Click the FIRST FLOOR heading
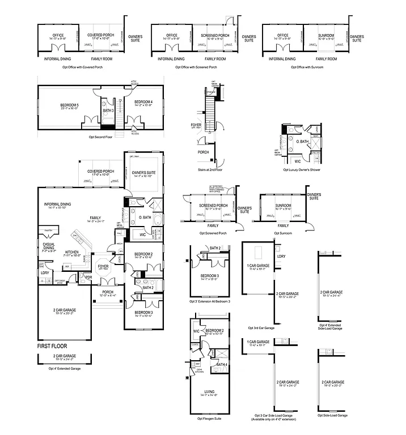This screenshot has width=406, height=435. [52, 344]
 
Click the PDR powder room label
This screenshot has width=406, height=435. [89, 277]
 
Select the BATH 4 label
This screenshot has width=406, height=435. [222, 364]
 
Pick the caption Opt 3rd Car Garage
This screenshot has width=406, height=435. [261, 328]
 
